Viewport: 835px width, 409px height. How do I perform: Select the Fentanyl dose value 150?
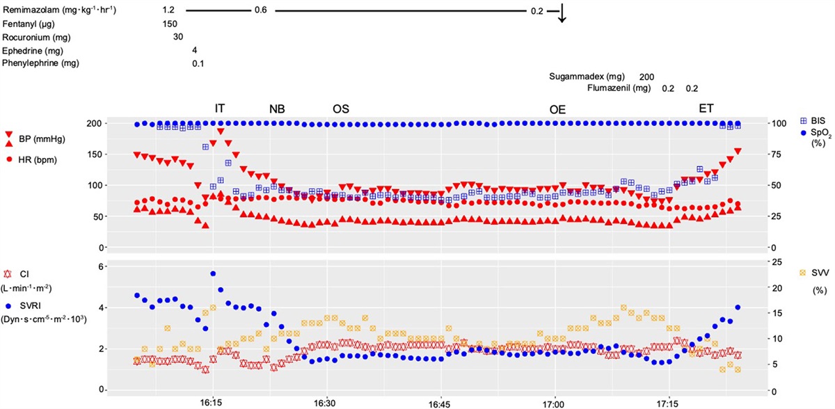(x=169, y=24)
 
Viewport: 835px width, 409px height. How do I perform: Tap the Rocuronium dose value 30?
(x=178, y=37)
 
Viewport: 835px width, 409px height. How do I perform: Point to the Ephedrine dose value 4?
(x=196, y=50)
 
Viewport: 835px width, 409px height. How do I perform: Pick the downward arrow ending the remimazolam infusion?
(x=562, y=16)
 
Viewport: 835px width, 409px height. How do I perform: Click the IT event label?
(x=220, y=108)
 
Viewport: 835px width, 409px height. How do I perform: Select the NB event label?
(x=277, y=109)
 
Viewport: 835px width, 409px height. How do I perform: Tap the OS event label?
(x=341, y=109)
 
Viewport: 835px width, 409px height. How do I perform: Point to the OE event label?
(x=557, y=109)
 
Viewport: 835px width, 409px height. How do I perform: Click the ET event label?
(x=707, y=108)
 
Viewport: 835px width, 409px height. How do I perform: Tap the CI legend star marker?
(x=8, y=275)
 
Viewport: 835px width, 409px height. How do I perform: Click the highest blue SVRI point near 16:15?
(x=213, y=274)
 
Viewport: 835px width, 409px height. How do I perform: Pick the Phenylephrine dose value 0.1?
(x=198, y=63)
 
